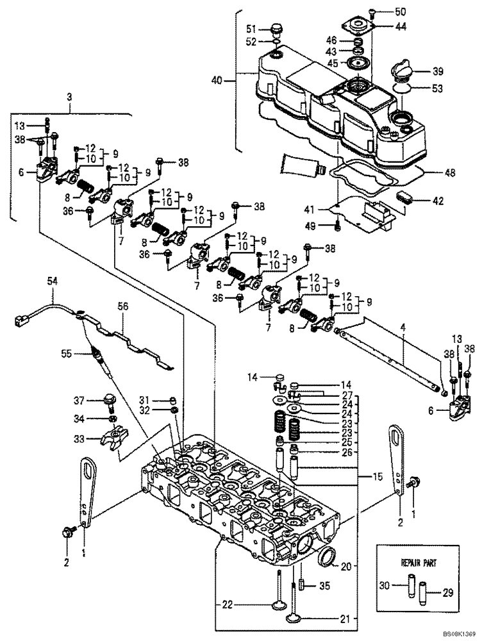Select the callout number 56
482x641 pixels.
(122, 307)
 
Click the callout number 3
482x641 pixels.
(70, 96)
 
